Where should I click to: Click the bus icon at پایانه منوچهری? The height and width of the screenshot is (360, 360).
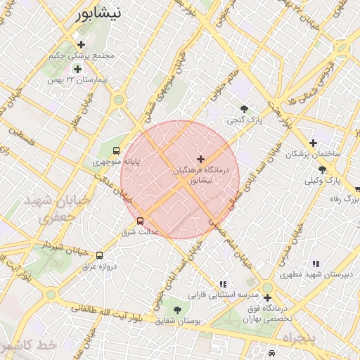[x=116, y=150]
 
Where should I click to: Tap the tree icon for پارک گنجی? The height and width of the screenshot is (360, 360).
[x=244, y=108]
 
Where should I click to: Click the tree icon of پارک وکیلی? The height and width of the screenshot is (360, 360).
[x=322, y=169]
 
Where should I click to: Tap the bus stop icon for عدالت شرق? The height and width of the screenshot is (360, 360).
[x=140, y=220]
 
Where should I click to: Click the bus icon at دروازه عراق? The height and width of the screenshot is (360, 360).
[x=99, y=255]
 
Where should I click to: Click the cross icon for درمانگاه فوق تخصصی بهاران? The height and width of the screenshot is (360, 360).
[x=268, y=297]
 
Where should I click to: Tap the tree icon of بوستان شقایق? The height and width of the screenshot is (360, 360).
[x=176, y=309]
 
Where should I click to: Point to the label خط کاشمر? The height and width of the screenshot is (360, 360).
[x=28, y=347]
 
